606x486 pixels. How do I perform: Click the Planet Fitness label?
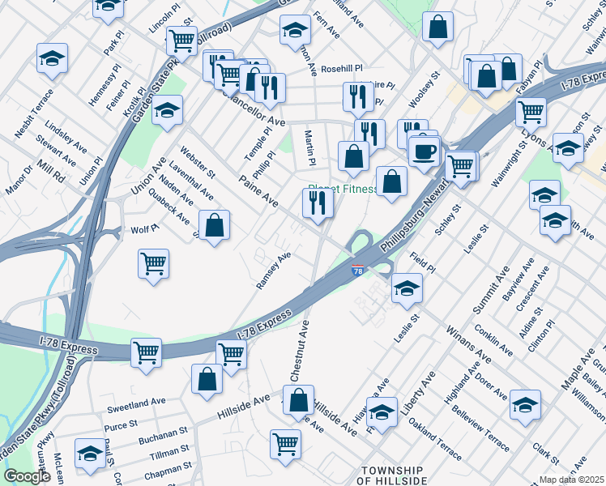click(342, 190)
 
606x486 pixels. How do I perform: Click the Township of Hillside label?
click(391, 475)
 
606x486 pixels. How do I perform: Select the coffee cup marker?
click(423, 151)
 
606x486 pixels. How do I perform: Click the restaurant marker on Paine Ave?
click(318, 203)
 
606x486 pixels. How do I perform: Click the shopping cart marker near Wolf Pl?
click(153, 264)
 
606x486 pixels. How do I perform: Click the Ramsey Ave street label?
click(273, 271)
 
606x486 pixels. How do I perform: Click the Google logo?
click(27, 476)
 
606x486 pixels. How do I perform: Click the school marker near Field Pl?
click(407, 288)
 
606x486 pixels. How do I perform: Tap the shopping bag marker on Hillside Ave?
click(299, 399)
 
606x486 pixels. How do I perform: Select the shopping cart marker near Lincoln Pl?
click(181, 40)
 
